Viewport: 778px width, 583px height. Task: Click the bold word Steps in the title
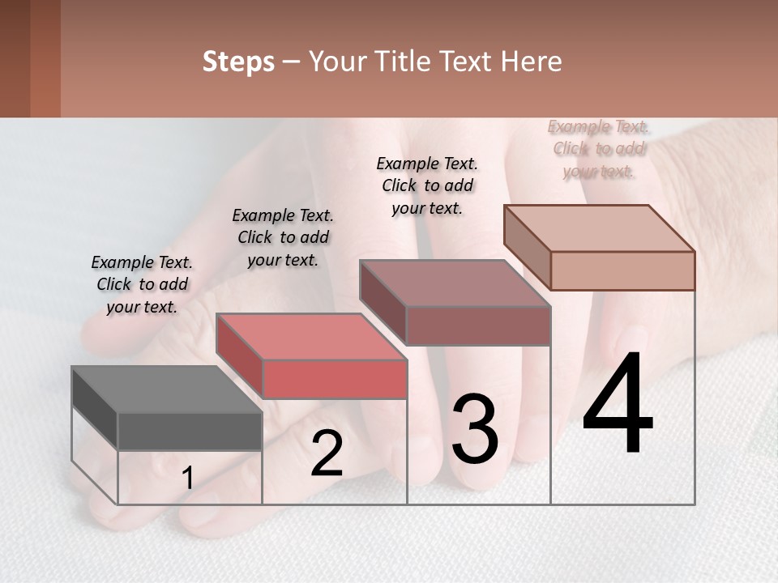[x=238, y=62]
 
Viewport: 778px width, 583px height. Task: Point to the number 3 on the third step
[x=475, y=430]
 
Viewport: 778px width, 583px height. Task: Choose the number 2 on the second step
[x=327, y=453]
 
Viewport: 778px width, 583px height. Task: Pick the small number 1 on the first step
[x=188, y=479]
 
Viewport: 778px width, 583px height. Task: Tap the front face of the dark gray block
[x=190, y=432]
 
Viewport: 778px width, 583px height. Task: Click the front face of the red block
[x=334, y=379]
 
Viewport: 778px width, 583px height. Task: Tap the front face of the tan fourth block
[x=622, y=270]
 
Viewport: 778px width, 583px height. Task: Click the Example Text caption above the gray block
[x=142, y=284]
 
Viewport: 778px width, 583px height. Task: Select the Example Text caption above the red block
[x=283, y=237]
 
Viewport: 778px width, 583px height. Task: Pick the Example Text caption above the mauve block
[x=427, y=185]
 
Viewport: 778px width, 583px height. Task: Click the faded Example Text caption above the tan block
[x=598, y=148]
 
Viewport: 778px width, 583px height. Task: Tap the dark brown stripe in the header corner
[x=15, y=58]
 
